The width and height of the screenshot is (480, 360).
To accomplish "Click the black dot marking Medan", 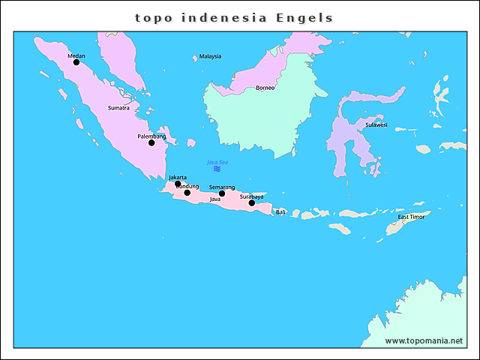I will click(x=76, y=62).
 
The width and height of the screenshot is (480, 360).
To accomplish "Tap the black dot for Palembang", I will click(x=151, y=142).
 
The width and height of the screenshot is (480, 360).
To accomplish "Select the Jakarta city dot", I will click(x=178, y=184).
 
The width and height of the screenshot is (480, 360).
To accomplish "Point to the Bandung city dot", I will click(x=187, y=193).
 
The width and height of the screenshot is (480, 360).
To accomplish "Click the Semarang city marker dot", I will click(x=222, y=193).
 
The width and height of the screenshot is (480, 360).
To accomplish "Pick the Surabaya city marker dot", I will click(x=252, y=202).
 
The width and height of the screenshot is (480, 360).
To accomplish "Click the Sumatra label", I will click(x=118, y=108).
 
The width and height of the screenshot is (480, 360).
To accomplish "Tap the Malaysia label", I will click(x=210, y=56).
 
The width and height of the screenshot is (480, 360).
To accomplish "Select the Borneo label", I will click(x=265, y=88).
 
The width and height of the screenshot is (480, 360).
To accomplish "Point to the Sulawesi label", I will click(x=376, y=124).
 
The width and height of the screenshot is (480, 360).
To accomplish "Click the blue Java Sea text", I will click(x=217, y=162).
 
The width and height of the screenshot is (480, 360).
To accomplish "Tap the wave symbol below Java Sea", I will click(x=217, y=169).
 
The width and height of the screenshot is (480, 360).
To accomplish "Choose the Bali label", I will click(x=280, y=212).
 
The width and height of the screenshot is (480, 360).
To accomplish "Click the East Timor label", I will click(x=410, y=217).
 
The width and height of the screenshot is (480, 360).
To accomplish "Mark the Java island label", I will click(x=214, y=199).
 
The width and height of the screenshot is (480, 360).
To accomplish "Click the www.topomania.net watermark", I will click(x=424, y=340).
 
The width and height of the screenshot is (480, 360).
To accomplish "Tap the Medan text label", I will click(x=76, y=55).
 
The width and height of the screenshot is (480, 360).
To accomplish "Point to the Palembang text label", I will click(x=151, y=136).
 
